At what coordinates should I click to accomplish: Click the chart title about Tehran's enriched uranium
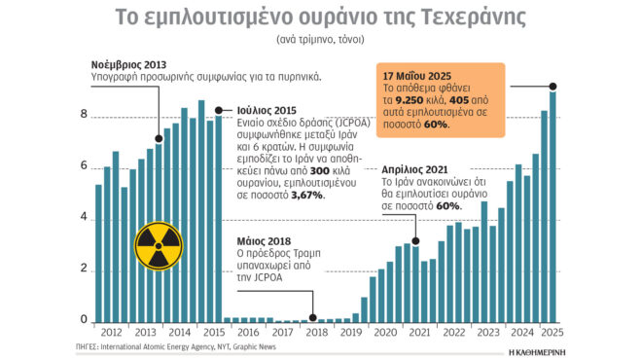320,18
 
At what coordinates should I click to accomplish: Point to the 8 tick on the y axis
83,115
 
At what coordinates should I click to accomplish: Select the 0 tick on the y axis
83,320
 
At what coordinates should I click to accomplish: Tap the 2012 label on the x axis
111,333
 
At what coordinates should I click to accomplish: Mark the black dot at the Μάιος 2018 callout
312,317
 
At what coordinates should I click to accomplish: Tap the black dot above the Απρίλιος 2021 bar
416,239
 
